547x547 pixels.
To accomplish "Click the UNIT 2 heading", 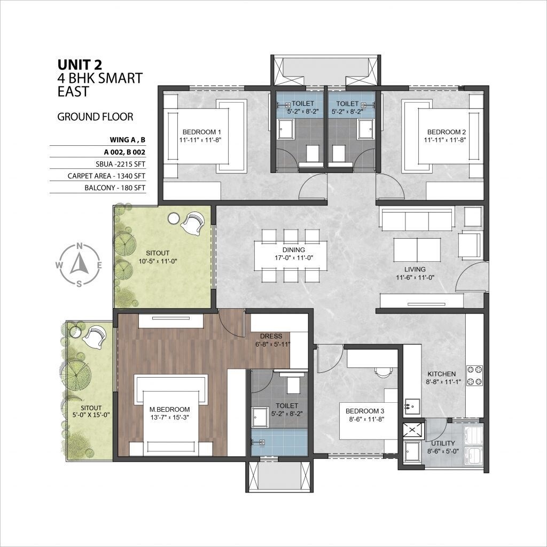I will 80,65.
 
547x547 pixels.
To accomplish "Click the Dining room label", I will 294,249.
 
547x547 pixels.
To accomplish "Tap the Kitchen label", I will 441,374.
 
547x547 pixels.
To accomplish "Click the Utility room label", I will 443,443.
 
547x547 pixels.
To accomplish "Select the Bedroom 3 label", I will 365,411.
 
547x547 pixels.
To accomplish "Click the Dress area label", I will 271,336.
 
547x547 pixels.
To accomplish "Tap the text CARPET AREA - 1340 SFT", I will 106,175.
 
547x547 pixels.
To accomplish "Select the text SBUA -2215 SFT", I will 115,163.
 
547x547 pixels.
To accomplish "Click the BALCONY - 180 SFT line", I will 114,187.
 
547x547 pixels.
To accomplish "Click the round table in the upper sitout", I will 174,218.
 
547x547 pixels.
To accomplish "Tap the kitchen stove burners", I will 474,376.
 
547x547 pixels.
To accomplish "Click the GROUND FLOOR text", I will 95,116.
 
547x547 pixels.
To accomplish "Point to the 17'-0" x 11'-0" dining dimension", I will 294,257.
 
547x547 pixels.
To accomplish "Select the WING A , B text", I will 127,140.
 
